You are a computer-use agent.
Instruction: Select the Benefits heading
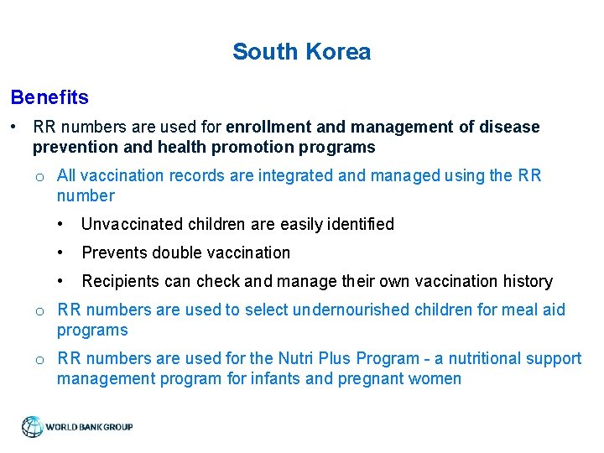49,97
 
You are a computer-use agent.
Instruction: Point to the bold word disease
509,127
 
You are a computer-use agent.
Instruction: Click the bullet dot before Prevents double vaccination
61,253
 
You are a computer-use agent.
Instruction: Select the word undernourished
357,310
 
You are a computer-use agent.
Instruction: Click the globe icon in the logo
33,427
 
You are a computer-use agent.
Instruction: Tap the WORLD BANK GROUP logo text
89,427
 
